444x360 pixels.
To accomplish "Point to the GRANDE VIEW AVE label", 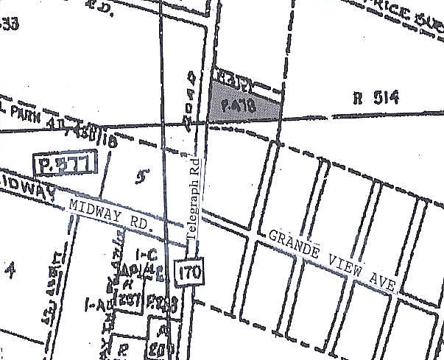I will click(332, 262).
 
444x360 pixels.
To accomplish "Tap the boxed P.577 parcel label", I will click(65, 164).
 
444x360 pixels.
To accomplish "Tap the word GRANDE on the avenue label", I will click(294, 247).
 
